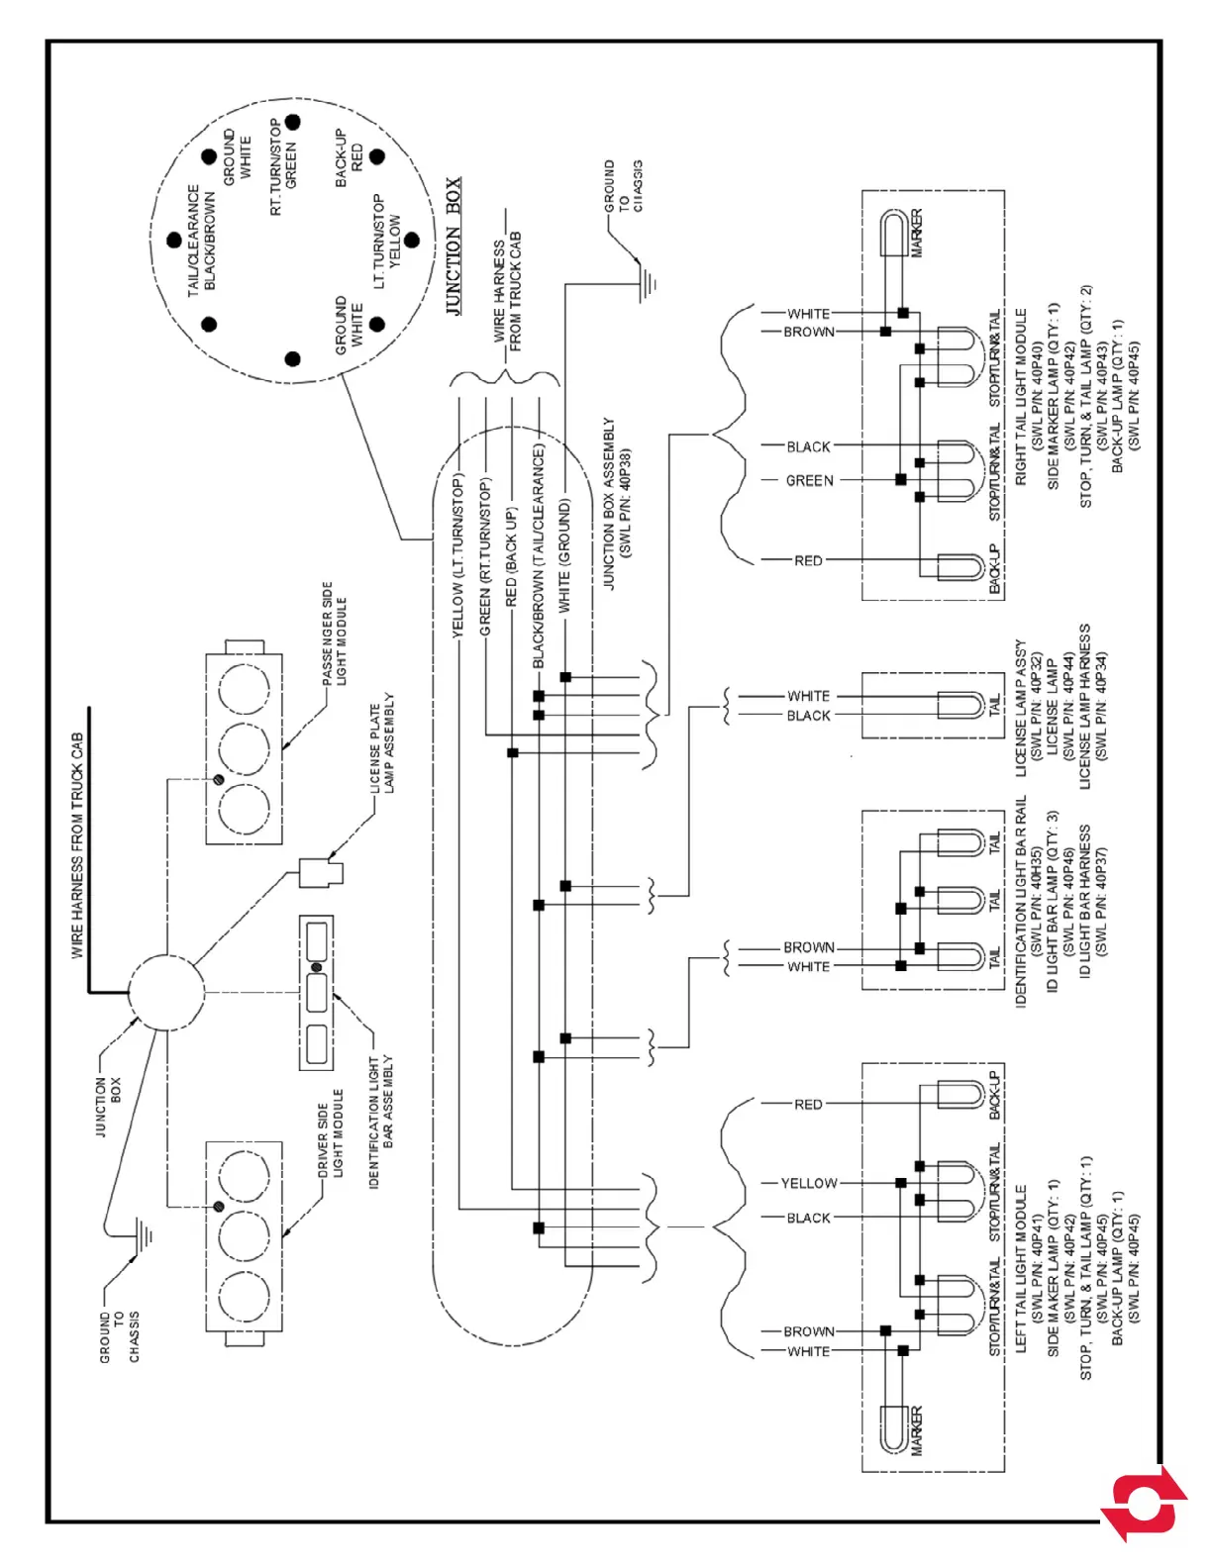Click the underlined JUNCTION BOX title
pyautogui.click(x=454, y=246)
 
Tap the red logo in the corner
pyautogui.click(x=1145, y=1503)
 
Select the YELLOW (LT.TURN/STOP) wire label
pyautogui.click(x=458, y=556)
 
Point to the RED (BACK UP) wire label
pyautogui.click(x=511, y=557)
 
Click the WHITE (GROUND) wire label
pyautogui.click(x=564, y=555)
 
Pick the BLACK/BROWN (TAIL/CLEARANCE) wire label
pyautogui.click(x=539, y=555)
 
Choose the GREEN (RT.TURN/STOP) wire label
pyautogui.click(x=485, y=557)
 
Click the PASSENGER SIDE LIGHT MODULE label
pyautogui.click(x=335, y=634)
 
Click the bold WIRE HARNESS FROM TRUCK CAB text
pyautogui.click(x=77, y=845)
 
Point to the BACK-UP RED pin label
pyautogui.click(x=350, y=157)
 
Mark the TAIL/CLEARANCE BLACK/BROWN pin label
pyautogui.click(x=201, y=240)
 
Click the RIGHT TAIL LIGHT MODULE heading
pyautogui.click(x=1021, y=396)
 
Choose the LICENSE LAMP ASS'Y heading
pyautogui.click(x=1021, y=707)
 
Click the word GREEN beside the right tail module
pyautogui.click(x=809, y=481)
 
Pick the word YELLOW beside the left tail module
pyautogui.click(x=809, y=1183)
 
